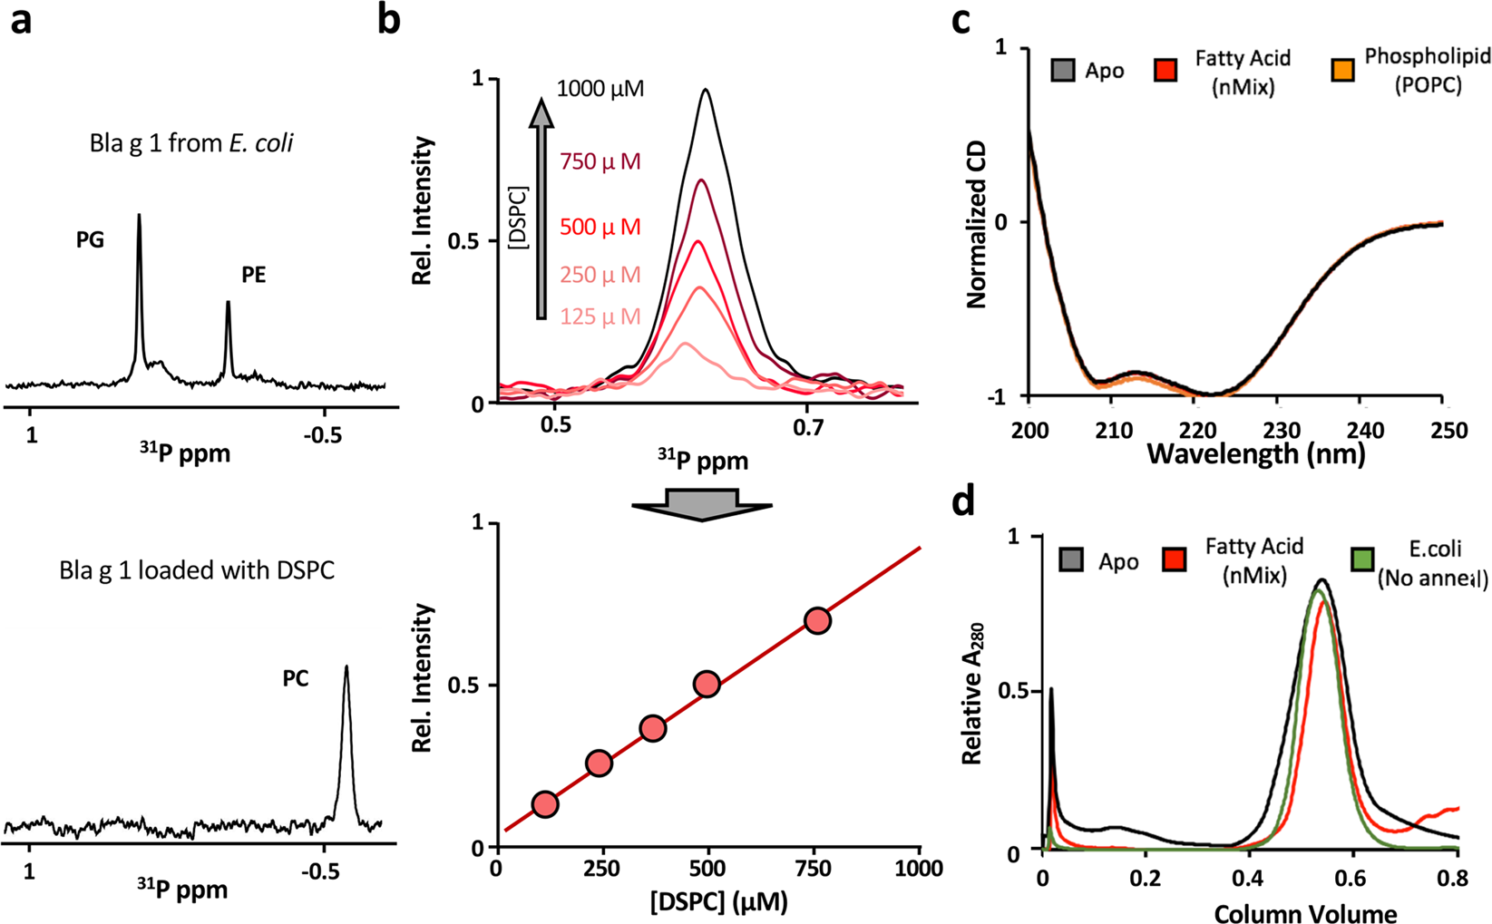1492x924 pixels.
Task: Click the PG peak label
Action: [x=90, y=239]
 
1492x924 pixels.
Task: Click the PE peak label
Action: [x=253, y=275]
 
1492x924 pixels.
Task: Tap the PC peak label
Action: [x=296, y=678]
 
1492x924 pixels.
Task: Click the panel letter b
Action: [x=389, y=20]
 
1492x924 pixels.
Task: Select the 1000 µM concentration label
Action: [x=600, y=89]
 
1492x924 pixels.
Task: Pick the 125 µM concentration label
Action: [x=600, y=316]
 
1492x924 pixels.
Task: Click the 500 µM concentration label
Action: [x=600, y=227]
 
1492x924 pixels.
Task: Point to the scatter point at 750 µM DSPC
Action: [x=817, y=621]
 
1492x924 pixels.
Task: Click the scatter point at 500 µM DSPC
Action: [x=707, y=685]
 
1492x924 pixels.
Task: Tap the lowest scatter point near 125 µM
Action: [x=544, y=804]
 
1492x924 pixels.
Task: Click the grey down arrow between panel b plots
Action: [x=701, y=504]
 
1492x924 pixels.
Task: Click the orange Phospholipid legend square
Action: [x=1342, y=70]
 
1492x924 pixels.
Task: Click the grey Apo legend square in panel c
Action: [x=1063, y=70]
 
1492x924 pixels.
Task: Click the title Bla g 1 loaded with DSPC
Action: [x=197, y=571]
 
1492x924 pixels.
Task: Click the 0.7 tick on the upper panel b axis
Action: [x=807, y=426]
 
